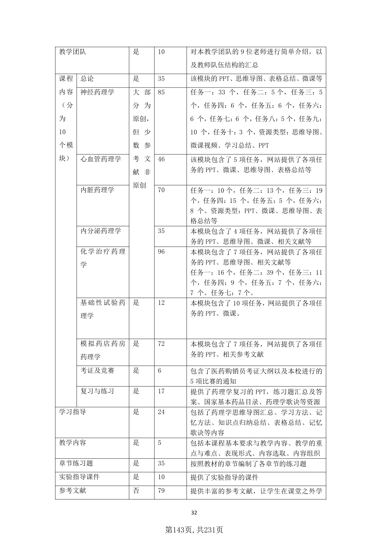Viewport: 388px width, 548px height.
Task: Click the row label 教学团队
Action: click(73, 52)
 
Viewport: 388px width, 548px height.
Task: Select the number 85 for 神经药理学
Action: click(161, 92)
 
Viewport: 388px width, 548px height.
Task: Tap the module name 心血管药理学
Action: click(101, 159)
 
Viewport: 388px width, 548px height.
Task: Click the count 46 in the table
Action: click(161, 159)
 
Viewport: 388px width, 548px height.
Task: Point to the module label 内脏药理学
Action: click(97, 190)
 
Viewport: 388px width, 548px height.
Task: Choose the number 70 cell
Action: click(161, 190)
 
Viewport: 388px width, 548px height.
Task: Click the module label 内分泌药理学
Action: click(101, 231)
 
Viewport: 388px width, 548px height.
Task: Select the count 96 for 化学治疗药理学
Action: click(161, 252)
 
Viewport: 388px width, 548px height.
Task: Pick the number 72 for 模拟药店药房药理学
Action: click(161, 344)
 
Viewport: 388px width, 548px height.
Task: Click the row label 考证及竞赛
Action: click(97, 370)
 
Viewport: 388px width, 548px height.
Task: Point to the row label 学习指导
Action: click(73, 412)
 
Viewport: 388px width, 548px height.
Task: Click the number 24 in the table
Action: click(161, 412)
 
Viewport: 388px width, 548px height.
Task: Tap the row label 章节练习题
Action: click(76, 463)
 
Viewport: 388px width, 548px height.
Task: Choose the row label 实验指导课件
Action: click(79, 477)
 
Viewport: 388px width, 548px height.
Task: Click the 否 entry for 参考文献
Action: click(136, 491)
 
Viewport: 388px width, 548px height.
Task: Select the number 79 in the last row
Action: click(161, 491)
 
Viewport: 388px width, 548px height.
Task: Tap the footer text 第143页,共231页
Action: click(194, 530)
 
